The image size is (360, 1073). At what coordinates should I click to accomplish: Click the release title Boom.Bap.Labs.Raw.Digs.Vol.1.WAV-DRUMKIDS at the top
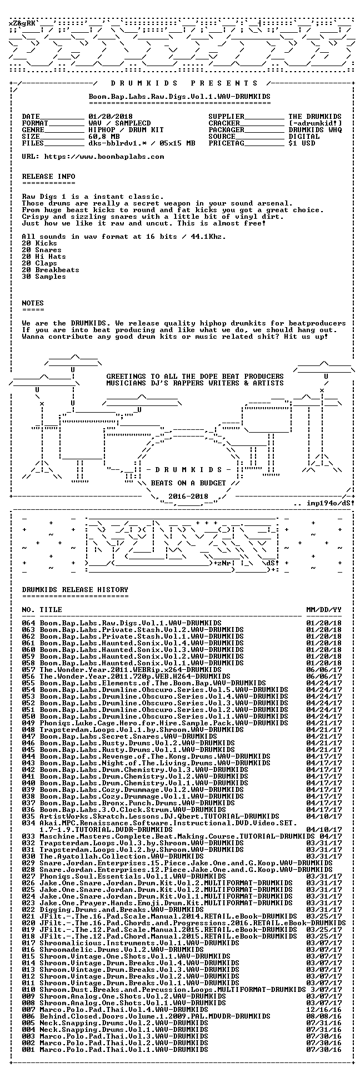click(x=179, y=97)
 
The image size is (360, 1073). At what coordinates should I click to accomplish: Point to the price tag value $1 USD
click(x=302, y=143)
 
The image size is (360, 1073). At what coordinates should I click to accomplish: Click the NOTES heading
click(x=33, y=303)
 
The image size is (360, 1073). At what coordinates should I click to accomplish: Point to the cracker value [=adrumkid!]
click(x=315, y=123)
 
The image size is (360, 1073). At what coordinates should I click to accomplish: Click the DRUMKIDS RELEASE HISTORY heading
click(x=75, y=590)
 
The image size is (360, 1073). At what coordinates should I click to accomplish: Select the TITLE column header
click(x=51, y=610)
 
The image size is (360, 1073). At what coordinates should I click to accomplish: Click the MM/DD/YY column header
click(x=324, y=610)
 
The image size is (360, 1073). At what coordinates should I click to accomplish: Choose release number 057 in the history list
click(x=28, y=670)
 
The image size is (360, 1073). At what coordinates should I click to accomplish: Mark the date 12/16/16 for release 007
click(x=324, y=1010)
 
